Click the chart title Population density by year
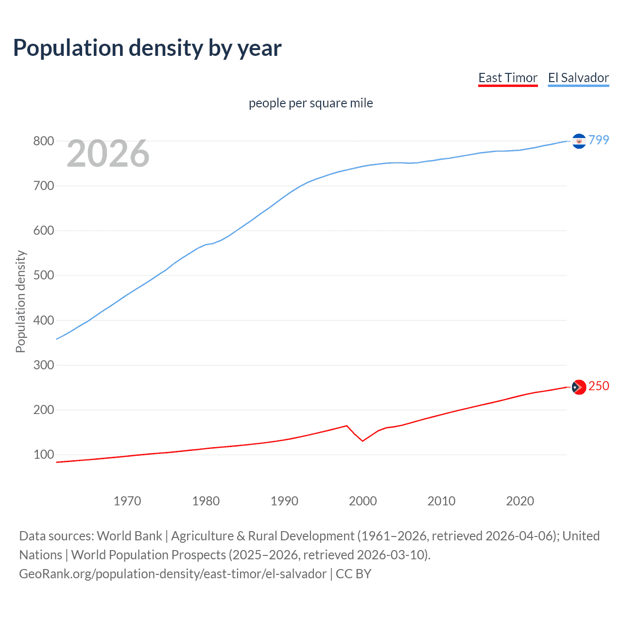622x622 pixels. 147,48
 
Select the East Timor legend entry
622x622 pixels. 508,78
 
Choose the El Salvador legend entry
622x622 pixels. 578,78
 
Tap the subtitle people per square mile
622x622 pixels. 311,103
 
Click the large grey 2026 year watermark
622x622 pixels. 108,154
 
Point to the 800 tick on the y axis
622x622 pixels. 43,141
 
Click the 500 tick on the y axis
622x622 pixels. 43,276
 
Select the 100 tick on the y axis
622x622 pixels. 43,455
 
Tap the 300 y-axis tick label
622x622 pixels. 43,365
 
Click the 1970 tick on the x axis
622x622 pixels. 127,501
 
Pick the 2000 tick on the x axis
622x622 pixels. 363,501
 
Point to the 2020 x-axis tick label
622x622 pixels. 520,501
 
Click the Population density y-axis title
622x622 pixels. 20,301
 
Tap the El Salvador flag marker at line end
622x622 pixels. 579,141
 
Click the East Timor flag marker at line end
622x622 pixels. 579,387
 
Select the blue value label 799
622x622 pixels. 599,140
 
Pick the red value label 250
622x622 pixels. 599,386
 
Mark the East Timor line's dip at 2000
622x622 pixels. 363,441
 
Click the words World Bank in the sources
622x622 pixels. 129,536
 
